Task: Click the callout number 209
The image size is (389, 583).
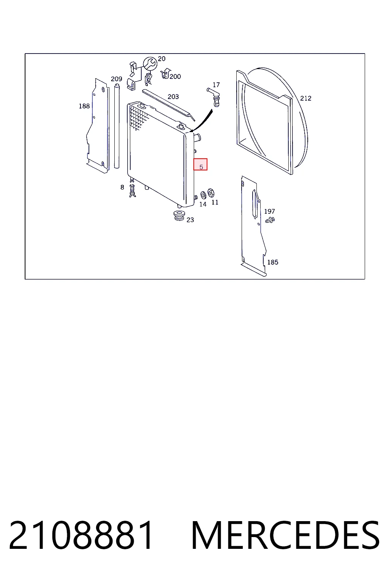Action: point(117,79)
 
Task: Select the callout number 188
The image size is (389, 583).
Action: point(84,106)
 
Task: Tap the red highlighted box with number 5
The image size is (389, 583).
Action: point(200,164)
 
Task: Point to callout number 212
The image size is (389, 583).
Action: point(306,98)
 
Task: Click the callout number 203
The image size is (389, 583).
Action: point(173,97)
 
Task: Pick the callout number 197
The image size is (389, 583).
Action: point(269,211)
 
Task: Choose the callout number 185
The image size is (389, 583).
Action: point(273,262)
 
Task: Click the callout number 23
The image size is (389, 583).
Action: point(190,220)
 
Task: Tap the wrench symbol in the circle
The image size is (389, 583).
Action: point(150,63)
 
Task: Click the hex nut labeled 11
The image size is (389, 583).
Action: point(211,193)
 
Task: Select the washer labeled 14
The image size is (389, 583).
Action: point(203,195)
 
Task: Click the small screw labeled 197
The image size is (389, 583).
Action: point(270,220)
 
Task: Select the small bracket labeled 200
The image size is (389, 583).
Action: point(165,74)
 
